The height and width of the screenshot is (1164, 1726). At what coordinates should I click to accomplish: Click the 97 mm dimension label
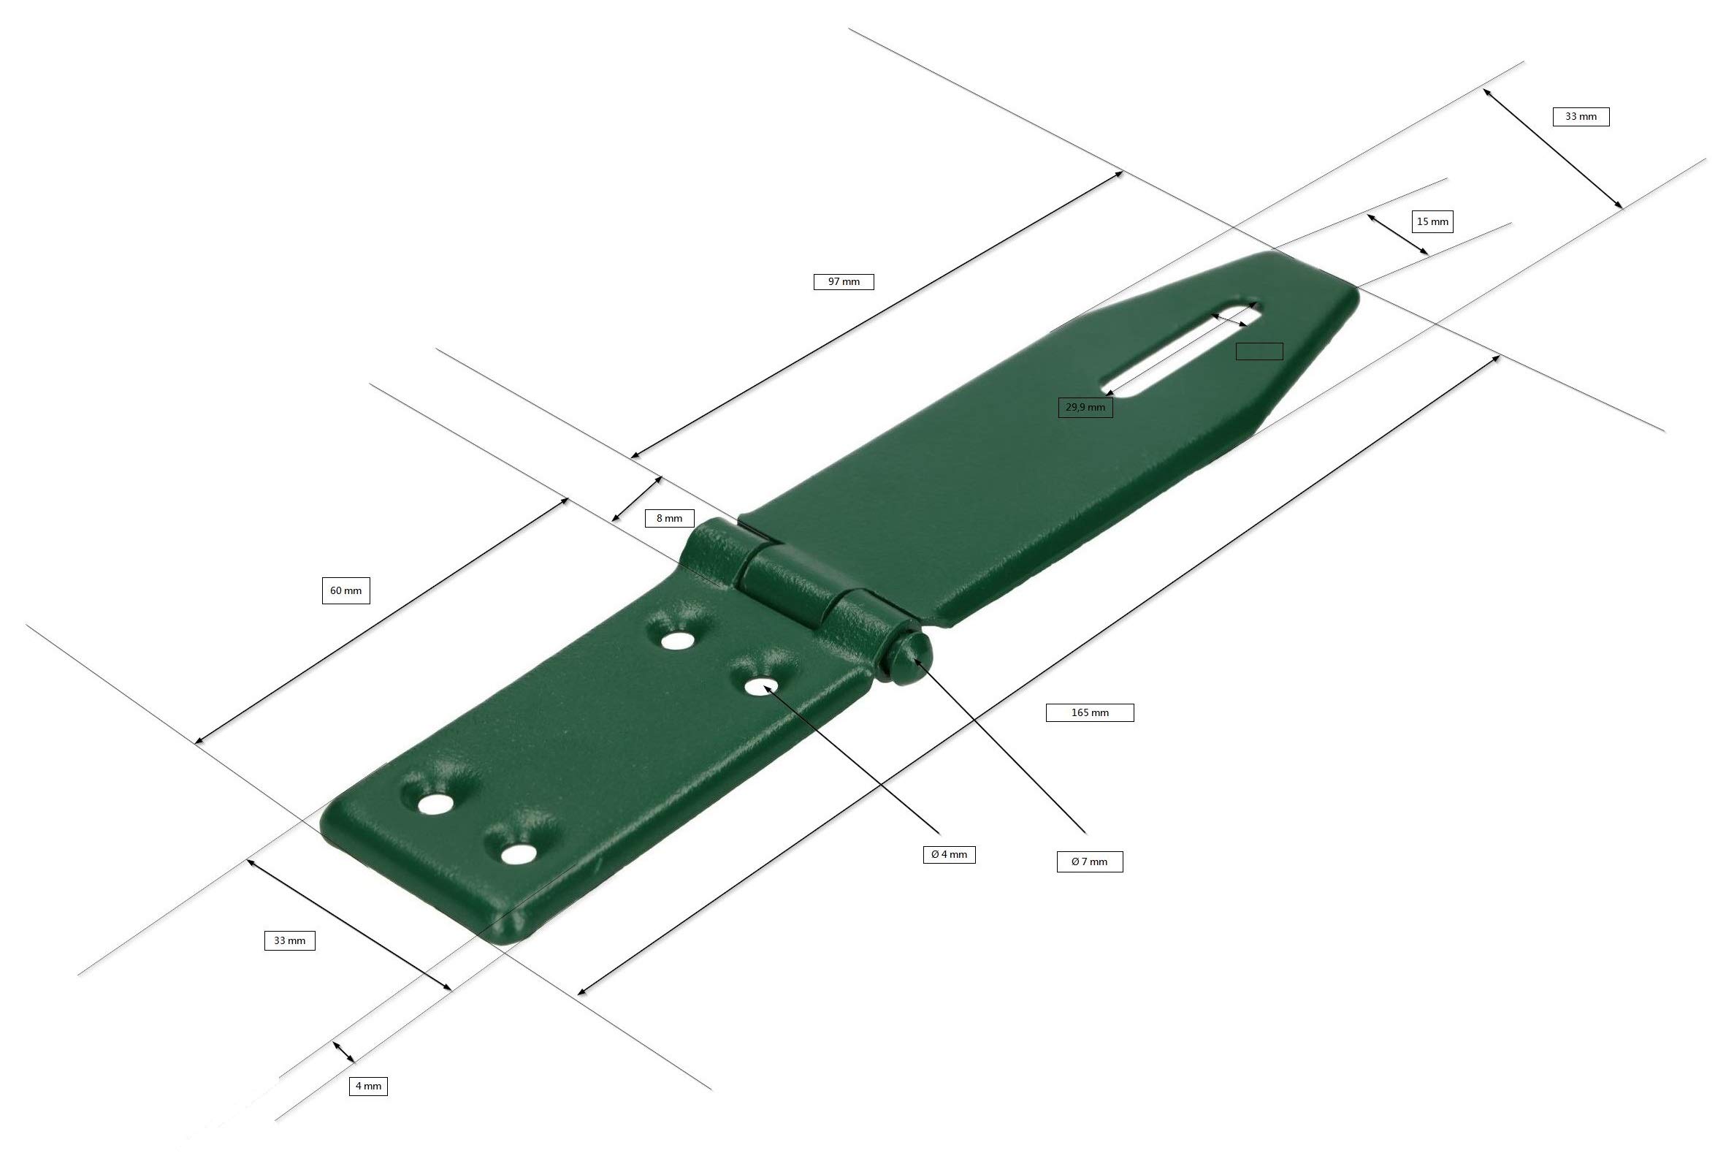843,281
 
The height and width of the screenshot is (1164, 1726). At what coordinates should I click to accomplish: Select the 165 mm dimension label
1088,712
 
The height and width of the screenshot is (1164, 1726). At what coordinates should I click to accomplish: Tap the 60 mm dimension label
345,590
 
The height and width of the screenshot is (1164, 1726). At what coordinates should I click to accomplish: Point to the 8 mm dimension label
668,518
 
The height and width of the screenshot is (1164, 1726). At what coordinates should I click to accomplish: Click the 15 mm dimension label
1432,221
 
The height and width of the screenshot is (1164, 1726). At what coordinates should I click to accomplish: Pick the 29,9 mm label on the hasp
1084,407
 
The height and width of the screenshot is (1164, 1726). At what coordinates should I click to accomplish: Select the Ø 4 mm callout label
948,854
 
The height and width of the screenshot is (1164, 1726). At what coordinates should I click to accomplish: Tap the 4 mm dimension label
368,1086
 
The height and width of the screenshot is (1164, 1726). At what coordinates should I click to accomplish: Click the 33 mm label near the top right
1581,117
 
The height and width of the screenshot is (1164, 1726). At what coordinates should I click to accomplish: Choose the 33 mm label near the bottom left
289,940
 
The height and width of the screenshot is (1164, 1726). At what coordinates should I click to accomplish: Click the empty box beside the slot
1259,351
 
